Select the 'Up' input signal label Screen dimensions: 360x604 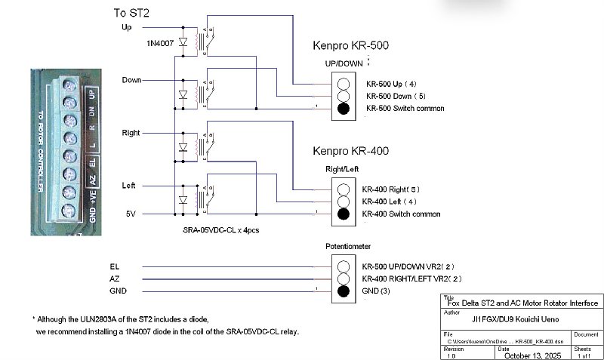126,28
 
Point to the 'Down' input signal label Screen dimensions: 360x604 131,79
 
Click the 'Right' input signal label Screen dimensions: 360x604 131,132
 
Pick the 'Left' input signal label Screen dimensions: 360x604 129,185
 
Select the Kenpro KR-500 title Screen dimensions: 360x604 350,46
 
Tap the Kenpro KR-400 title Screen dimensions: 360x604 350,151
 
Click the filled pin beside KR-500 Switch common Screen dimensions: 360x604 344,109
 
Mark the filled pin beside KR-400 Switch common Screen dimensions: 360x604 344,214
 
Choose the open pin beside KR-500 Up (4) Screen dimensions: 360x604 344,84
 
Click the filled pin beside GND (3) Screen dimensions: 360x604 344,291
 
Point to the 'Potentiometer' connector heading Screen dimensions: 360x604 348,246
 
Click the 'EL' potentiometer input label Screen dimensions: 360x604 115,266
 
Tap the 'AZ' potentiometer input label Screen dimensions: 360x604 115,278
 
